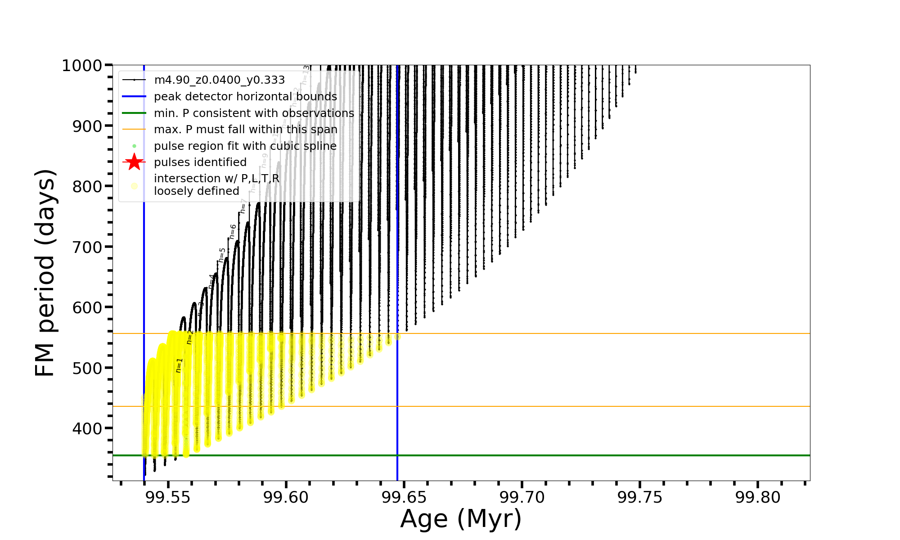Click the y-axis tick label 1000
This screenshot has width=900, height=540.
tap(81, 66)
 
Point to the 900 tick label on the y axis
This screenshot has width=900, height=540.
tap(87, 126)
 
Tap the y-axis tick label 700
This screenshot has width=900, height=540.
tap(87, 247)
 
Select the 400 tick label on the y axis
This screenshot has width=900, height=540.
tap(87, 428)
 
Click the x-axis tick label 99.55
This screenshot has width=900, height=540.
tap(168, 497)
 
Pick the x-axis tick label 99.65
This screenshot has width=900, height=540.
tap(404, 497)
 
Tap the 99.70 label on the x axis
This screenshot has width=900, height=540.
tap(522, 497)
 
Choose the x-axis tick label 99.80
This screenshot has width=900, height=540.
tap(758, 497)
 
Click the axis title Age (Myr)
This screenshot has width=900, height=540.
tap(461, 519)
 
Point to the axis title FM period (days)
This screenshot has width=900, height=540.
tap(45, 273)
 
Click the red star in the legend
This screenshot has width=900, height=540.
tap(134, 162)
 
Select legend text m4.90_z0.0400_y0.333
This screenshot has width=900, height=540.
tap(219, 80)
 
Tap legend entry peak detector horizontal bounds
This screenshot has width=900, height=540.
tap(245, 97)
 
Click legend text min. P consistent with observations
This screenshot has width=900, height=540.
tap(254, 113)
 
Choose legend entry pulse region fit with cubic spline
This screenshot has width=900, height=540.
tap(245, 146)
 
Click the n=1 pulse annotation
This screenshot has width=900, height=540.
tap(179, 365)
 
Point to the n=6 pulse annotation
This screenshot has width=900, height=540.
tap(233, 231)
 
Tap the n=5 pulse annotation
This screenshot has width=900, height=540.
tap(222, 255)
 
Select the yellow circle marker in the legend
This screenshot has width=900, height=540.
tap(134, 185)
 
